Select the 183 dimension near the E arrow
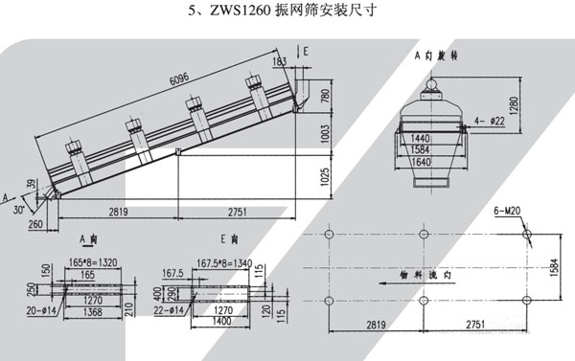click(279, 61)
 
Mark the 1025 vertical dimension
click(323, 176)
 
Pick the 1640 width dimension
click(419, 163)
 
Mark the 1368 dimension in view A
click(91, 310)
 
